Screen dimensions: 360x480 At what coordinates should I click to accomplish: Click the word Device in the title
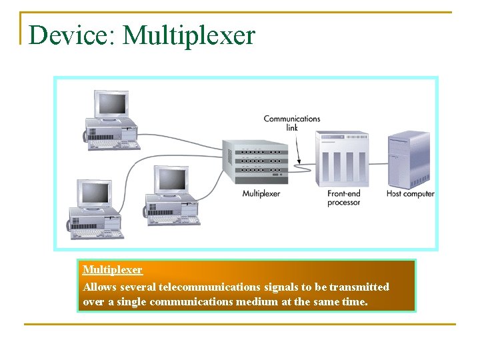pyautogui.click(x=72, y=35)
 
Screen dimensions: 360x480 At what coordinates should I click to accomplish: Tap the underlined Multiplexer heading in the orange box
pyautogui.click(x=113, y=270)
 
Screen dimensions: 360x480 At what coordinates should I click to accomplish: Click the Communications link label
pyautogui.click(x=291, y=123)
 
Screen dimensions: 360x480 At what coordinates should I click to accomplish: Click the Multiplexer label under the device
pyautogui.click(x=261, y=194)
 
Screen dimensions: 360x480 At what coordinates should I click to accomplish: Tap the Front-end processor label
pyautogui.click(x=343, y=198)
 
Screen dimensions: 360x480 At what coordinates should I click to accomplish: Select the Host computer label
pyautogui.click(x=410, y=194)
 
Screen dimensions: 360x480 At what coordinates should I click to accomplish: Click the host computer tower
pyautogui.click(x=409, y=159)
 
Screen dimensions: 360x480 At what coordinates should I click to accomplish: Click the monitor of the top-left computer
pyautogui.click(x=111, y=104)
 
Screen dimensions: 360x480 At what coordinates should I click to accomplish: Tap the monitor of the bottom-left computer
pyautogui.click(x=94, y=193)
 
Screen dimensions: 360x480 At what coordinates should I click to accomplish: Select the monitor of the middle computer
pyautogui.click(x=171, y=179)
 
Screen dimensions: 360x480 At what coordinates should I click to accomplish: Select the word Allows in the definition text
pyautogui.click(x=99, y=287)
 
